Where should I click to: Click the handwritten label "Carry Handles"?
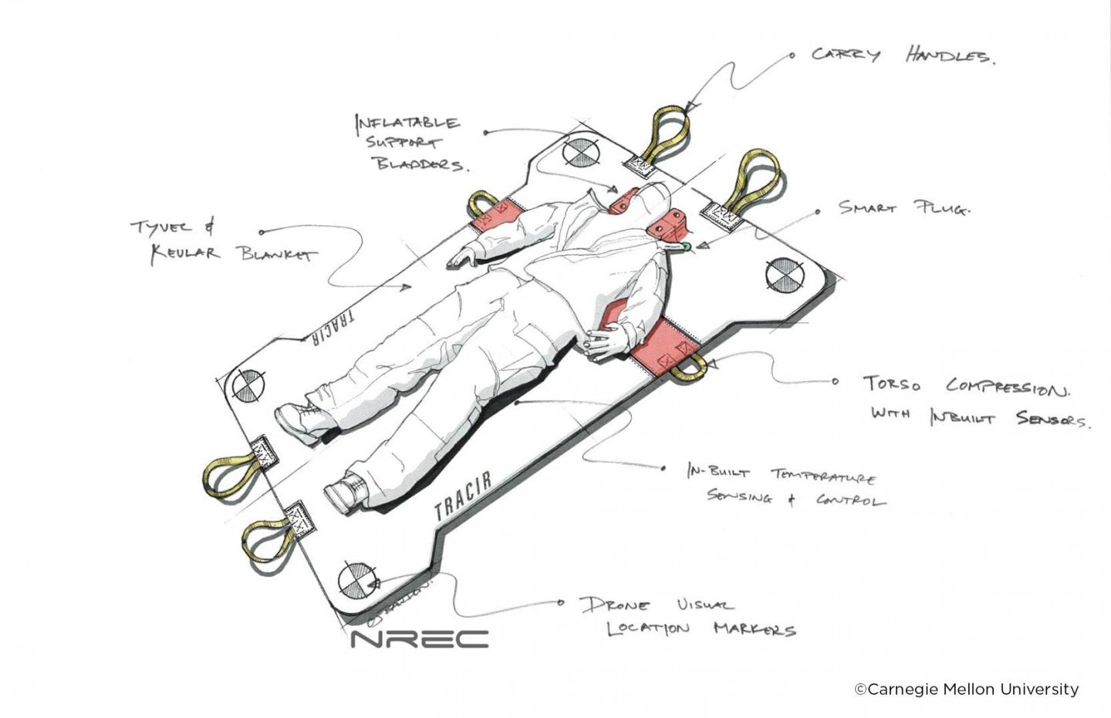(x=901, y=56)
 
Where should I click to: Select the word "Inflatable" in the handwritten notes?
(x=407, y=123)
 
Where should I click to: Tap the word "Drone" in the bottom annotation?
(x=616, y=605)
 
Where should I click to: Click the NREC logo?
(x=420, y=639)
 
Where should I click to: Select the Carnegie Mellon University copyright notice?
(x=966, y=689)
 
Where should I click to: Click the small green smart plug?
(x=685, y=247)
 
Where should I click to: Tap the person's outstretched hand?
(x=460, y=260)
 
